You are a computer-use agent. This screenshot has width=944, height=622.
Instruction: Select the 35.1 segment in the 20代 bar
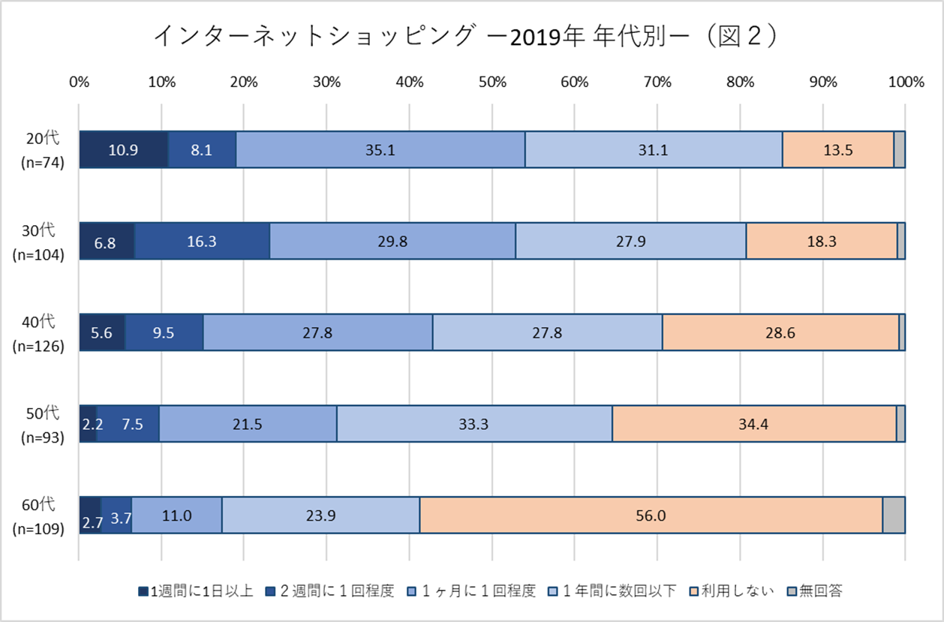[x=380, y=149]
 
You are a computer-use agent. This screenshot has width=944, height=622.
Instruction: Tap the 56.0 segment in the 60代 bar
[x=651, y=515]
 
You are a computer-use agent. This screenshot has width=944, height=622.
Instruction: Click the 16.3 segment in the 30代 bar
[x=202, y=241]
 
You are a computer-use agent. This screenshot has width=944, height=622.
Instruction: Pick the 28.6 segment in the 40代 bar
[x=780, y=332]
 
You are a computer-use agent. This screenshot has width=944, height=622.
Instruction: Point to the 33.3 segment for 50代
[x=474, y=424]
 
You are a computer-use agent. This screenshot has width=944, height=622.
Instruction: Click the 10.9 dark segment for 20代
[x=123, y=149]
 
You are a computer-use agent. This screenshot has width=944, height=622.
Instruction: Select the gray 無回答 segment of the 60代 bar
[x=893, y=515]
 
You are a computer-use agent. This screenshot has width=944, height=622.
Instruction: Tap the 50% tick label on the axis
[x=492, y=83]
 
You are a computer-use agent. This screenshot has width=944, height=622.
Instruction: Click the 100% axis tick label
[x=904, y=83]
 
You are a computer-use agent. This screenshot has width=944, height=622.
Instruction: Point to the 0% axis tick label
[x=79, y=83]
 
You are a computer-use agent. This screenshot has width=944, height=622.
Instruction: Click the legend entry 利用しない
[x=732, y=591]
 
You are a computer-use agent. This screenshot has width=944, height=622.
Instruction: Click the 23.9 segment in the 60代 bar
[x=320, y=515]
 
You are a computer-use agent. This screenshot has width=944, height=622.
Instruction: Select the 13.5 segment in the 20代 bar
[x=837, y=149]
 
